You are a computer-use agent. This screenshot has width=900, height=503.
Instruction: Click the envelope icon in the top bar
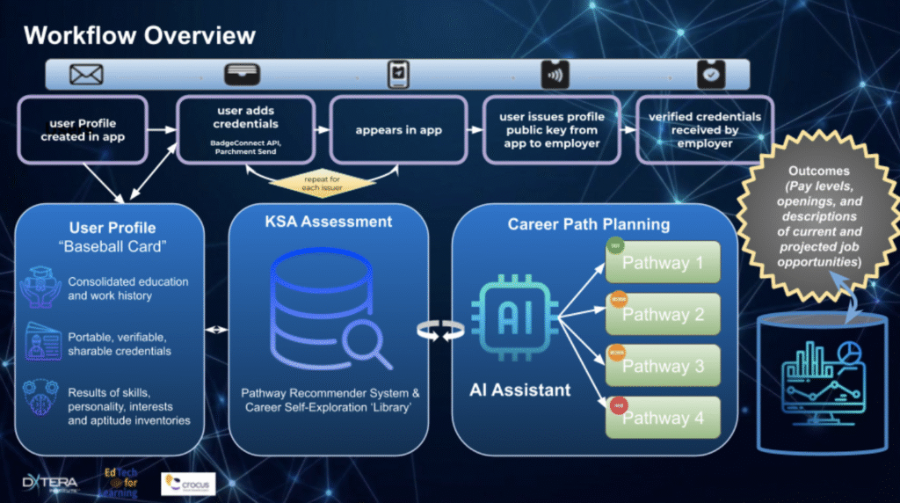coord(86,75)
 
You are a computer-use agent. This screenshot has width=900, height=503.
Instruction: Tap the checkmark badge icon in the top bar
coord(711,75)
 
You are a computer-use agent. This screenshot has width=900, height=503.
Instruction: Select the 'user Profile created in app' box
coord(83,130)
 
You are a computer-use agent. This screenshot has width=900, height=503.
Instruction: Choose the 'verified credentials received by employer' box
coord(705,130)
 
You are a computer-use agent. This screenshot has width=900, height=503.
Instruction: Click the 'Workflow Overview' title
coord(139,35)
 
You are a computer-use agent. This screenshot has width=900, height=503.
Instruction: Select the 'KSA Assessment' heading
coord(328,222)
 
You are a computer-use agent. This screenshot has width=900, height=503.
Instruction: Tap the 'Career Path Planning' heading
coord(588,224)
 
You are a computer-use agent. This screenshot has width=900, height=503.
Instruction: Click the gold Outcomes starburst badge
coord(817,215)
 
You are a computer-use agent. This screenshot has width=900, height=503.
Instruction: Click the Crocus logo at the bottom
coord(188,483)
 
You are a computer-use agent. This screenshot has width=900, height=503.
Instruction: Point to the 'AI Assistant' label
coord(519,389)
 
